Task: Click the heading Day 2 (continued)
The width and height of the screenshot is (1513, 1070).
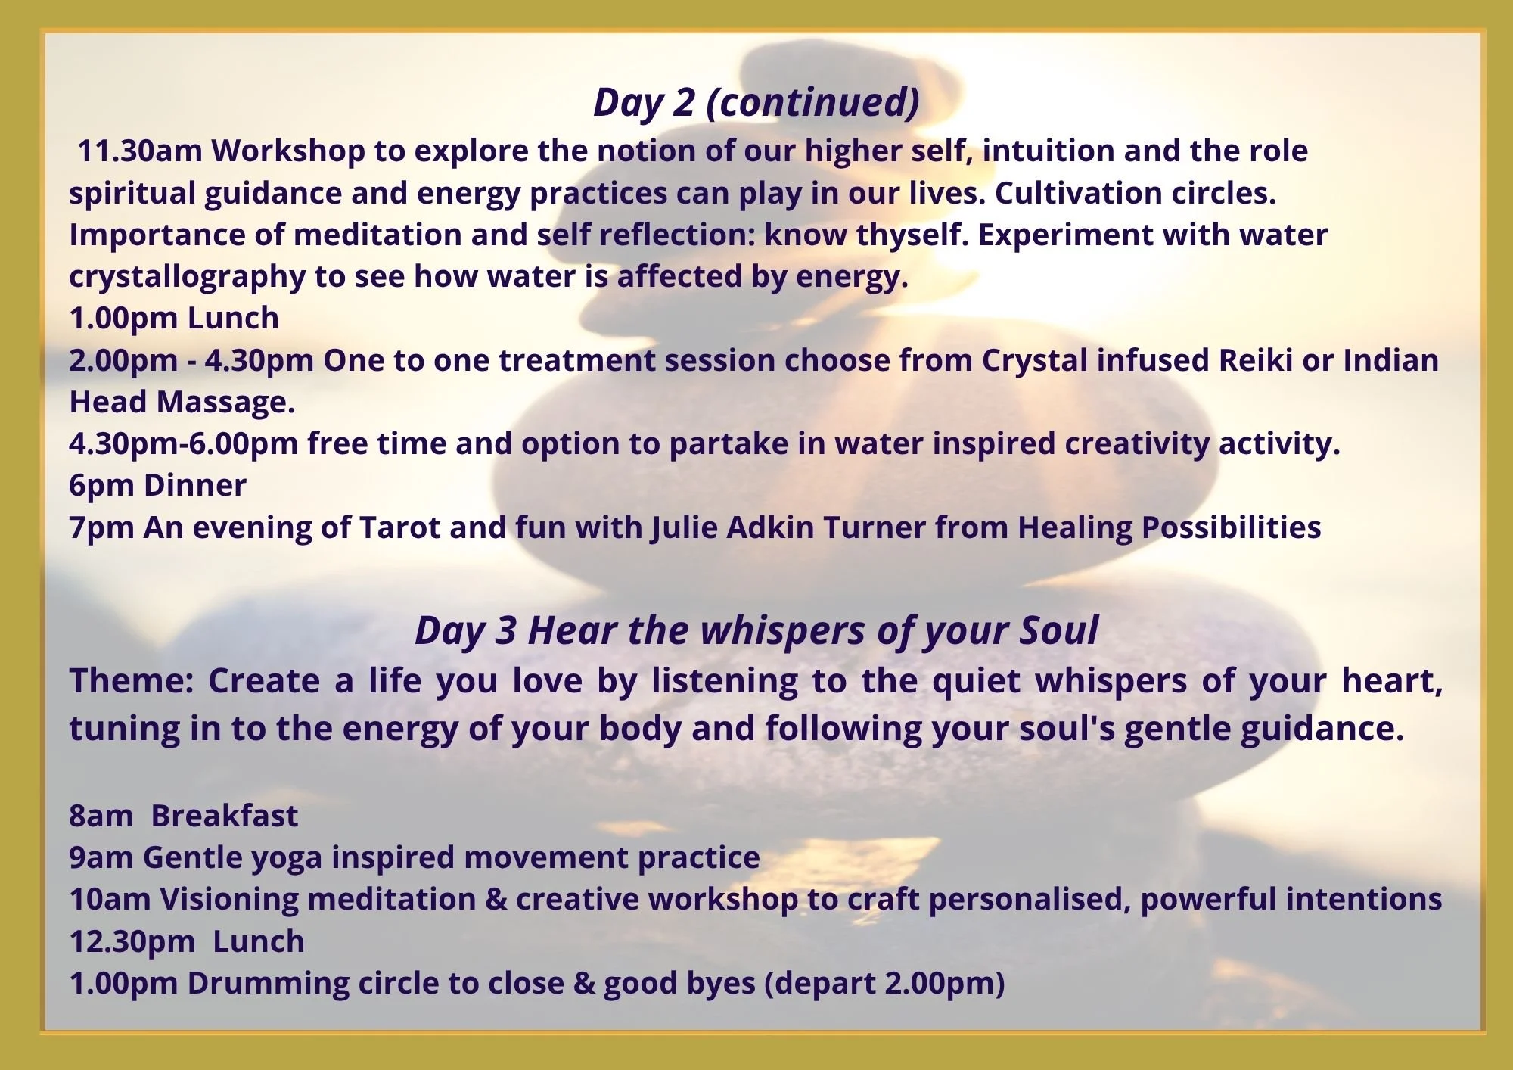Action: point(756,103)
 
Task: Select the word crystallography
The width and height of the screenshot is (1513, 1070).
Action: point(187,278)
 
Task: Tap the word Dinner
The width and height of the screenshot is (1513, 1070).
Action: point(194,486)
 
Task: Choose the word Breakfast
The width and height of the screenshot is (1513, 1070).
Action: point(224,816)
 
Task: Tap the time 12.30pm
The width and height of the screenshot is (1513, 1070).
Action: point(132,942)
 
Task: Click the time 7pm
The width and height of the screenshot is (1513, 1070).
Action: point(101,527)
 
